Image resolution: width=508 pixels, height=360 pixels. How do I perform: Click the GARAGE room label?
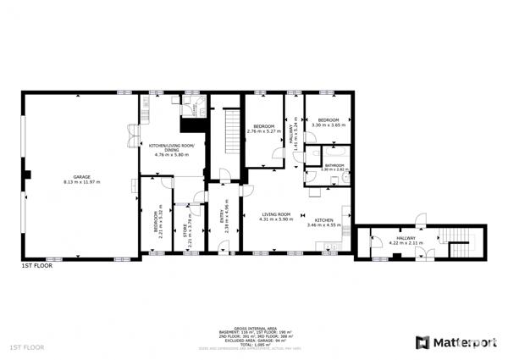pos(81,176)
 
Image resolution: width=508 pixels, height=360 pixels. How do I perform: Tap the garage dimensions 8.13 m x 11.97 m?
pos(81,182)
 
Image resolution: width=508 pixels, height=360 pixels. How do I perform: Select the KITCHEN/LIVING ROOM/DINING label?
pos(172,148)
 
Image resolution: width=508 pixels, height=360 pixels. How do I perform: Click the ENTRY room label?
pos(223,215)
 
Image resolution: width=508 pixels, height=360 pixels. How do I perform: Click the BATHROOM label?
pos(334,164)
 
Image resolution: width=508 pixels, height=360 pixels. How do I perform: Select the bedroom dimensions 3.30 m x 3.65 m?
pos(329,125)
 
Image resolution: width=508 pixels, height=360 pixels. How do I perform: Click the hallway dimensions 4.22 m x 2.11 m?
pos(406,243)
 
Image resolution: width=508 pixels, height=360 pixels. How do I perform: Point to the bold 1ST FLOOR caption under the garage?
pos(37,266)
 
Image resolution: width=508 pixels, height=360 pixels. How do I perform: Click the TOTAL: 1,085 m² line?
pos(253,345)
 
